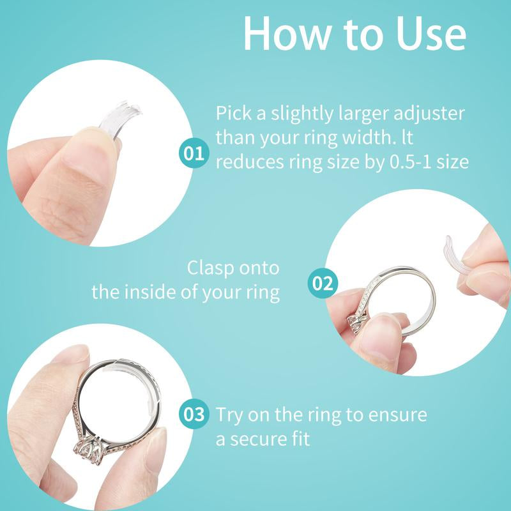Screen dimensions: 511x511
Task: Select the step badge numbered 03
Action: tap(194, 415)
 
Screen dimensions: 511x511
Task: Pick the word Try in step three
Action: tap(229, 415)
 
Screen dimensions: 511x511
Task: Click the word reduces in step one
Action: tap(247, 162)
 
